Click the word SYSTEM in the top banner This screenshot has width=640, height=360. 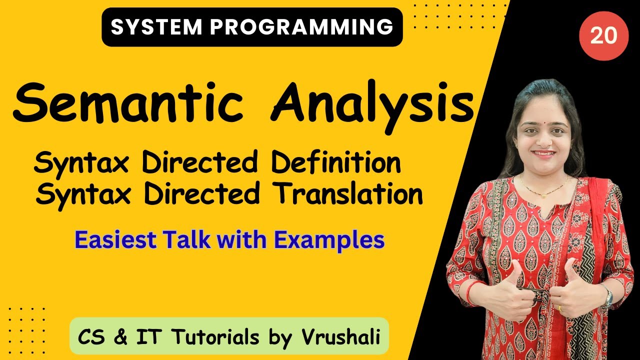pos(157,27)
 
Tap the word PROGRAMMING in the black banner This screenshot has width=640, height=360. pos(301,27)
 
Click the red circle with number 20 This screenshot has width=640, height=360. pos(603,36)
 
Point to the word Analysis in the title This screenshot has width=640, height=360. pos(371,105)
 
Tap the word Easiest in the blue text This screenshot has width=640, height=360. pos(115,239)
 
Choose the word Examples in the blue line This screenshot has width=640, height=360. pos(329,240)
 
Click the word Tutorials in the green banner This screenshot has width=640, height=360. pos(216,337)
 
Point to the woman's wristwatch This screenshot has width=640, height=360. pos(608,298)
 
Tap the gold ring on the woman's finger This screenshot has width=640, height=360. pos(560,308)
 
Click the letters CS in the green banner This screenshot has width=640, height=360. pos(91,337)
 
